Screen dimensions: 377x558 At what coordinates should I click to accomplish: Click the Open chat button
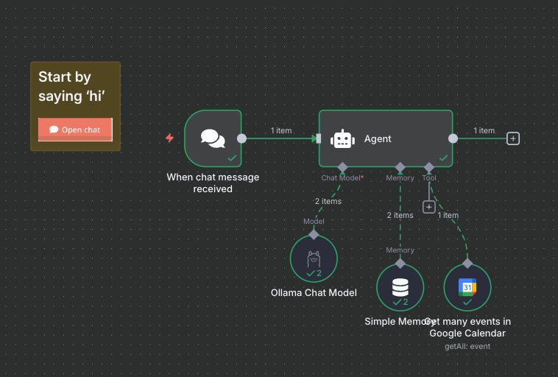pyautogui.click(x=75, y=130)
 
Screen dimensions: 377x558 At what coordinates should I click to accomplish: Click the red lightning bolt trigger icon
pyautogui.click(x=170, y=138)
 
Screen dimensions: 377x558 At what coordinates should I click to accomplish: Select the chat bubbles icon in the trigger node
pyautogui.click(x=213, y=138)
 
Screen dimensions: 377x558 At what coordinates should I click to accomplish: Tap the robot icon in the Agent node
pyautogui.click(x=342, y=138)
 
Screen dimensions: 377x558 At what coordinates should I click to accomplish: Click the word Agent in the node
pyautogui.click(x=378, y=138)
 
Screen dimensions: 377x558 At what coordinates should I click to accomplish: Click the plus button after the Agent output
pyautogui.click(x=513, y=138)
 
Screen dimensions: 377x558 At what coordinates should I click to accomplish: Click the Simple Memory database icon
pyautogui.click(x=400, y=286)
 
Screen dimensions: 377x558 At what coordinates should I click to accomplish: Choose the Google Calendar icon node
pyautogui.click(x=467, y=286)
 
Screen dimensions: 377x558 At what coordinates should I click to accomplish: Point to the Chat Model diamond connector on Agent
pyautogui.click(x=342, y=167)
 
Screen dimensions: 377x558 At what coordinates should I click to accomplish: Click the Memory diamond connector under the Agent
pyautogui.click(x=400, y=167)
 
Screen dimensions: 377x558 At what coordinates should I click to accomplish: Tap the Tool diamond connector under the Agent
pyautogui.click(x=429, y=167)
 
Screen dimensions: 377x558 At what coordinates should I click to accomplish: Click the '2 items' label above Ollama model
pyautogui.click(x=328, y=201)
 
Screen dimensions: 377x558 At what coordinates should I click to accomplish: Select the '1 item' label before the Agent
pyautogui.click(x=281, y=130)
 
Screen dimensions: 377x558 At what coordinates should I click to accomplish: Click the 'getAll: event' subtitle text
pyautogui.click(x=467, y=346)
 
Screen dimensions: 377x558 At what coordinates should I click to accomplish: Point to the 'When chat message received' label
pyautogui.click(x=213, y=183)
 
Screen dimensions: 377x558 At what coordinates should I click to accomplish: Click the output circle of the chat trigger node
pyautogui.click(x=241, y=138)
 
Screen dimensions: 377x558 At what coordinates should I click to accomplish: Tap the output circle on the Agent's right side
pyautogui.click(x=453, y=138)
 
